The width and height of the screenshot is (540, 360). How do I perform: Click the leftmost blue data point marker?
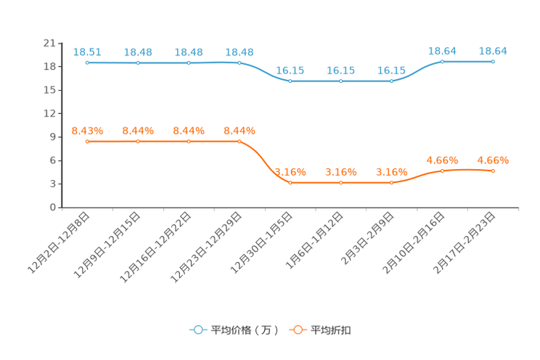87,63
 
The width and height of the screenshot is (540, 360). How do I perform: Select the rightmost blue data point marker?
494,62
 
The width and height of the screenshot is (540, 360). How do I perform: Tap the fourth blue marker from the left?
239,63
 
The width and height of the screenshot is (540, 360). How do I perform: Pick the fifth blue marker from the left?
290,81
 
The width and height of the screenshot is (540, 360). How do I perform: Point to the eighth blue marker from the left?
442,62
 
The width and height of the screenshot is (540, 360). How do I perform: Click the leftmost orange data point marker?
87,142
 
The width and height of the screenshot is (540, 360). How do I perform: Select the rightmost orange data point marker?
494,171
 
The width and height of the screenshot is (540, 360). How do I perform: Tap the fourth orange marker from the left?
239,142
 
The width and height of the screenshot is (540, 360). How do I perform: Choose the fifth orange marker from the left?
290,183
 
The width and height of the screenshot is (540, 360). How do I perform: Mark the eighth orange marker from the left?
442,171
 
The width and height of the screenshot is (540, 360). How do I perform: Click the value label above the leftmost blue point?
87,52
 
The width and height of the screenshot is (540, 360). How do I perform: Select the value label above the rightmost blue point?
494,50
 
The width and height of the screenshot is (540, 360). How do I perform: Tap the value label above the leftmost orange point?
87,131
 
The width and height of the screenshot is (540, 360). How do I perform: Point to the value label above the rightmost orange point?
494,160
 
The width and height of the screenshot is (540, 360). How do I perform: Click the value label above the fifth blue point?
290,70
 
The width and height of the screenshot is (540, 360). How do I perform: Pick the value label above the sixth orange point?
341,171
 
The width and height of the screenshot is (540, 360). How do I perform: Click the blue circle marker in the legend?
197,330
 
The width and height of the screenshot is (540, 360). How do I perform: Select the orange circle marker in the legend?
298,330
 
